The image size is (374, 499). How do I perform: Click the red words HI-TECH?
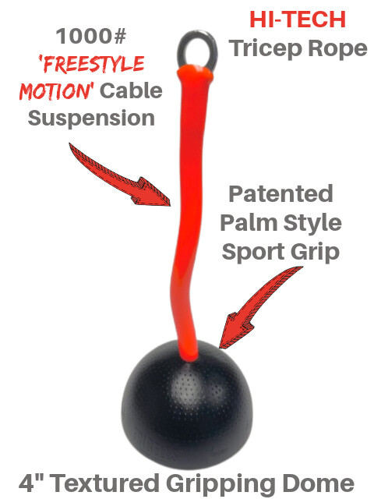click(298, 19)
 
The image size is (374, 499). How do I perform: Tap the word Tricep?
click(266, 48)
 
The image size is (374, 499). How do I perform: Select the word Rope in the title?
click(337, 49)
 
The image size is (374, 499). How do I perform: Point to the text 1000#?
click(91, 36)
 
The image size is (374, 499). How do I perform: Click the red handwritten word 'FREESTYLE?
click(92, 64)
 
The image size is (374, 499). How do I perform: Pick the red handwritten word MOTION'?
click(57, 91)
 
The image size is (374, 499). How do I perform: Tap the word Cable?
click(131, 90)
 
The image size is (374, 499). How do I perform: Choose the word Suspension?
click(91, 119)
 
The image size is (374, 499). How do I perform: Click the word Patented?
click(280, 193)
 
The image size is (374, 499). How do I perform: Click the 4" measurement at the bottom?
click(31, 483)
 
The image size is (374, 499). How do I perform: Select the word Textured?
click(105, 483)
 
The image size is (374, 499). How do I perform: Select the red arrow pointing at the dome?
click(258, 307)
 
